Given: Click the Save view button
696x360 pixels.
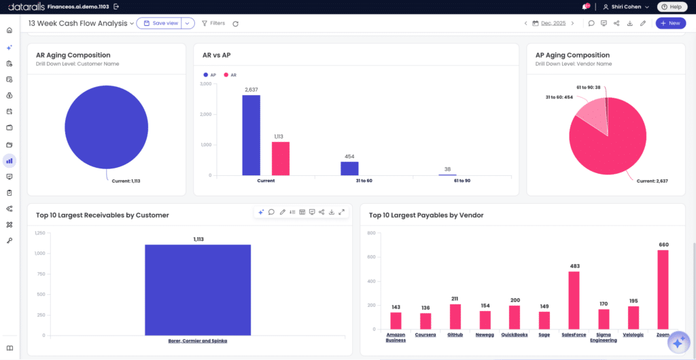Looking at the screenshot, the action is (160, 23).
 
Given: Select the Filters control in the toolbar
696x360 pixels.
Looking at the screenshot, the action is (213, 23).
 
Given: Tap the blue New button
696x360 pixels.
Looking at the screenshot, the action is (670, 23).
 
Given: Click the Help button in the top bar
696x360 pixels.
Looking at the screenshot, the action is (669, 7).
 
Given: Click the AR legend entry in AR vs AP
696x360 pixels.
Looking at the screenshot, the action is (230, 75).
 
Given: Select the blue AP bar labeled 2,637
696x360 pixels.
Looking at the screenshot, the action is (251, 135).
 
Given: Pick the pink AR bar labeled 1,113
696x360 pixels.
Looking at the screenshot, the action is (281, 159).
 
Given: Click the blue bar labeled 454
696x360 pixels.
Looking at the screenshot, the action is (349, 168).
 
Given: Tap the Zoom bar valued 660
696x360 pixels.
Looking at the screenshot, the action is (663, 289).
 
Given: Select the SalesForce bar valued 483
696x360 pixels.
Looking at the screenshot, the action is (574, 301).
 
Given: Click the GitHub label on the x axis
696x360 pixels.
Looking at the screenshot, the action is (455, 335).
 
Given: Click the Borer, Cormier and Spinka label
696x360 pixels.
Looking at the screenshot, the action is (198, 340).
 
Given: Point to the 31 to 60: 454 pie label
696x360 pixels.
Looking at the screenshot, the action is (558, 96).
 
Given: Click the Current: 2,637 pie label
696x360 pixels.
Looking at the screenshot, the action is (652, 181).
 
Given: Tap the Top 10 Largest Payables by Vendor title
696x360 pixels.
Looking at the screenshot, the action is (426, 215).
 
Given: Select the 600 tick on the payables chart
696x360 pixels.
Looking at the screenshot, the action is (372, 257).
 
